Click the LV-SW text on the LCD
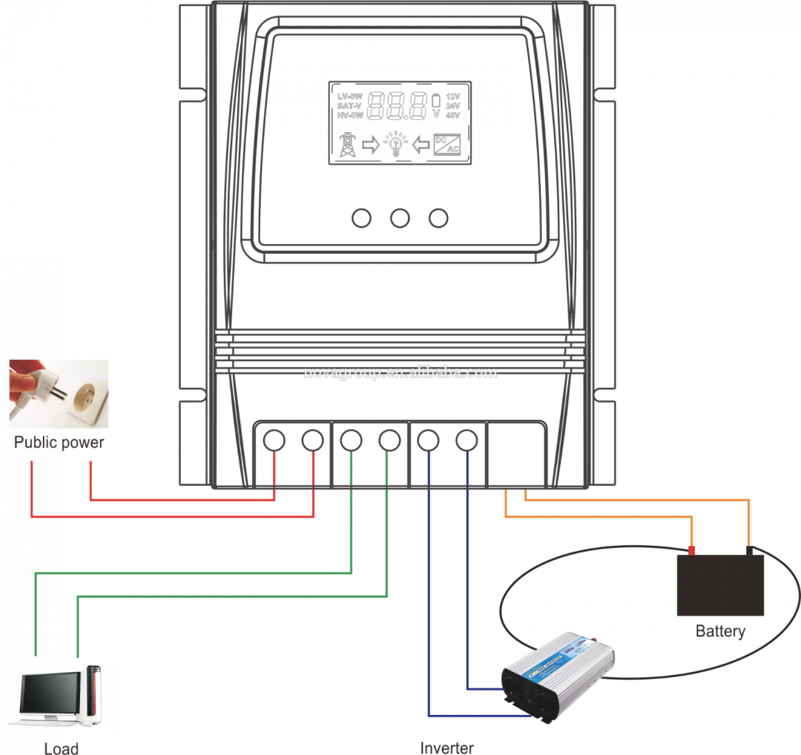350,96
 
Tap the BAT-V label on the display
350,106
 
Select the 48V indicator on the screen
452,116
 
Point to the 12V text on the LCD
452,96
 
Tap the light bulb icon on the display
395,144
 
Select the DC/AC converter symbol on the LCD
447,144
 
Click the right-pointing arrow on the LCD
370,144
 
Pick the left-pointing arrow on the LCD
421,144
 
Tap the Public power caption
59,443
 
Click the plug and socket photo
59,394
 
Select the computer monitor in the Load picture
50,696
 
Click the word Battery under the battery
719,631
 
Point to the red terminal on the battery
691,550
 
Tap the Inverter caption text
446,747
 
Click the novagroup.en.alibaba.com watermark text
400,372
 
